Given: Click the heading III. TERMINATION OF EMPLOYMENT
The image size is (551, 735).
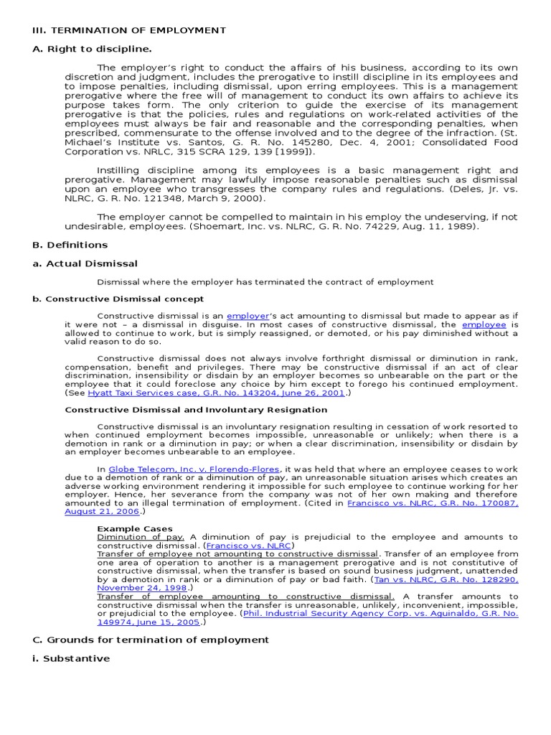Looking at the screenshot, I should [x=129, y=30].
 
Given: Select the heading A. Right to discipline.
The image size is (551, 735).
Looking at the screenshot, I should [x=92, y=49].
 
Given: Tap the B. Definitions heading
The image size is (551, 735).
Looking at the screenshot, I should [x=70, y=245].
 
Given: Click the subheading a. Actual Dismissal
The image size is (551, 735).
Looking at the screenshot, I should [x=85, y=263].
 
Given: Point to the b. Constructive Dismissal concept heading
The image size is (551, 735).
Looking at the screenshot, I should [x=118, y=299].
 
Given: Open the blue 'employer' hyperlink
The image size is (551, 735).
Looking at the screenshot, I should [x=248, y=316].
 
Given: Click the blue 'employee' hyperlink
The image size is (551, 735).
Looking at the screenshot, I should [x=484, y=324].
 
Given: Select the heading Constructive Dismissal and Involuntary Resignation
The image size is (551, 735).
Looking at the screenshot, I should [x=196, y=410].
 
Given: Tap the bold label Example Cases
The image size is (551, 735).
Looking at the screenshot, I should [x=135, y=528].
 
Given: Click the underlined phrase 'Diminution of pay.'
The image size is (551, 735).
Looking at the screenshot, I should [x=141, y=537].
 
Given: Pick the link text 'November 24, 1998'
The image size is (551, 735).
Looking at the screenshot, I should [x=143, y=587].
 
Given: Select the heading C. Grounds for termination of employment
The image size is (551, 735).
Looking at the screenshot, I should [x=151, y=640].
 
